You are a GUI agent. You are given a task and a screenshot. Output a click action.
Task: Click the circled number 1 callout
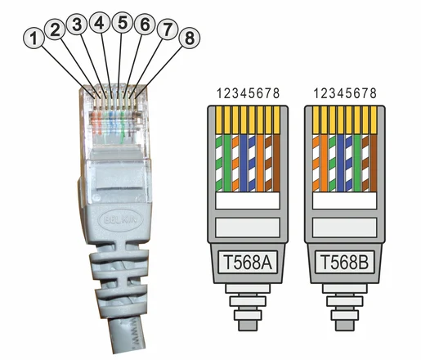tap(34, 38)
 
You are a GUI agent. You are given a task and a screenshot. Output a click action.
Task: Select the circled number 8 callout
tap(190, 38)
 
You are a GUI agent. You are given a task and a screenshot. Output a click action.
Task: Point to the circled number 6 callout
tap(145, 25)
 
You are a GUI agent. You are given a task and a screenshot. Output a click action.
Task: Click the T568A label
tap(248, 262)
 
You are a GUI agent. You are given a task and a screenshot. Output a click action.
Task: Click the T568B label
tap(344, 262)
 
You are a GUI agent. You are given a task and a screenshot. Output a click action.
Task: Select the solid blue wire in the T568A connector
tap(244, 163)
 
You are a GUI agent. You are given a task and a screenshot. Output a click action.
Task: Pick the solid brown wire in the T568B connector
tap(374, 163)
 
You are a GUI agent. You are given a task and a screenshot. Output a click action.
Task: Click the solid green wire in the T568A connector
tap(227, 163)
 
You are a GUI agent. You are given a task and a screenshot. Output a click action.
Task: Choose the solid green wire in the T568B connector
tap(357, 163)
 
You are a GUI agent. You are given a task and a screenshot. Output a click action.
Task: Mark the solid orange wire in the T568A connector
tap(261, 163)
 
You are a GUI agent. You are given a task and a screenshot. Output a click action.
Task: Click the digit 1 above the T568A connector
tap(220, 93)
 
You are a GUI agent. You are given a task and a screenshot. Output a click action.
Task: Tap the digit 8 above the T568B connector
tap(374, 93)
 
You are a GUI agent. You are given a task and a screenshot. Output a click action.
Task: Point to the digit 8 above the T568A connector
tap(276, 93)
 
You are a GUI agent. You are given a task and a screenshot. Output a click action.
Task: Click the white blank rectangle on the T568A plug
tap(248, 200)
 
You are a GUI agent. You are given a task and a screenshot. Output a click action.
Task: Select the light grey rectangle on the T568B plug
tap(345, 227)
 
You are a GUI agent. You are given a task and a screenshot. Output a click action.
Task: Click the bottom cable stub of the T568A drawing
tap(248, 326)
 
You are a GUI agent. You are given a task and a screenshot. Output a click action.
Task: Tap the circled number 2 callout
tap(55, 29)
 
